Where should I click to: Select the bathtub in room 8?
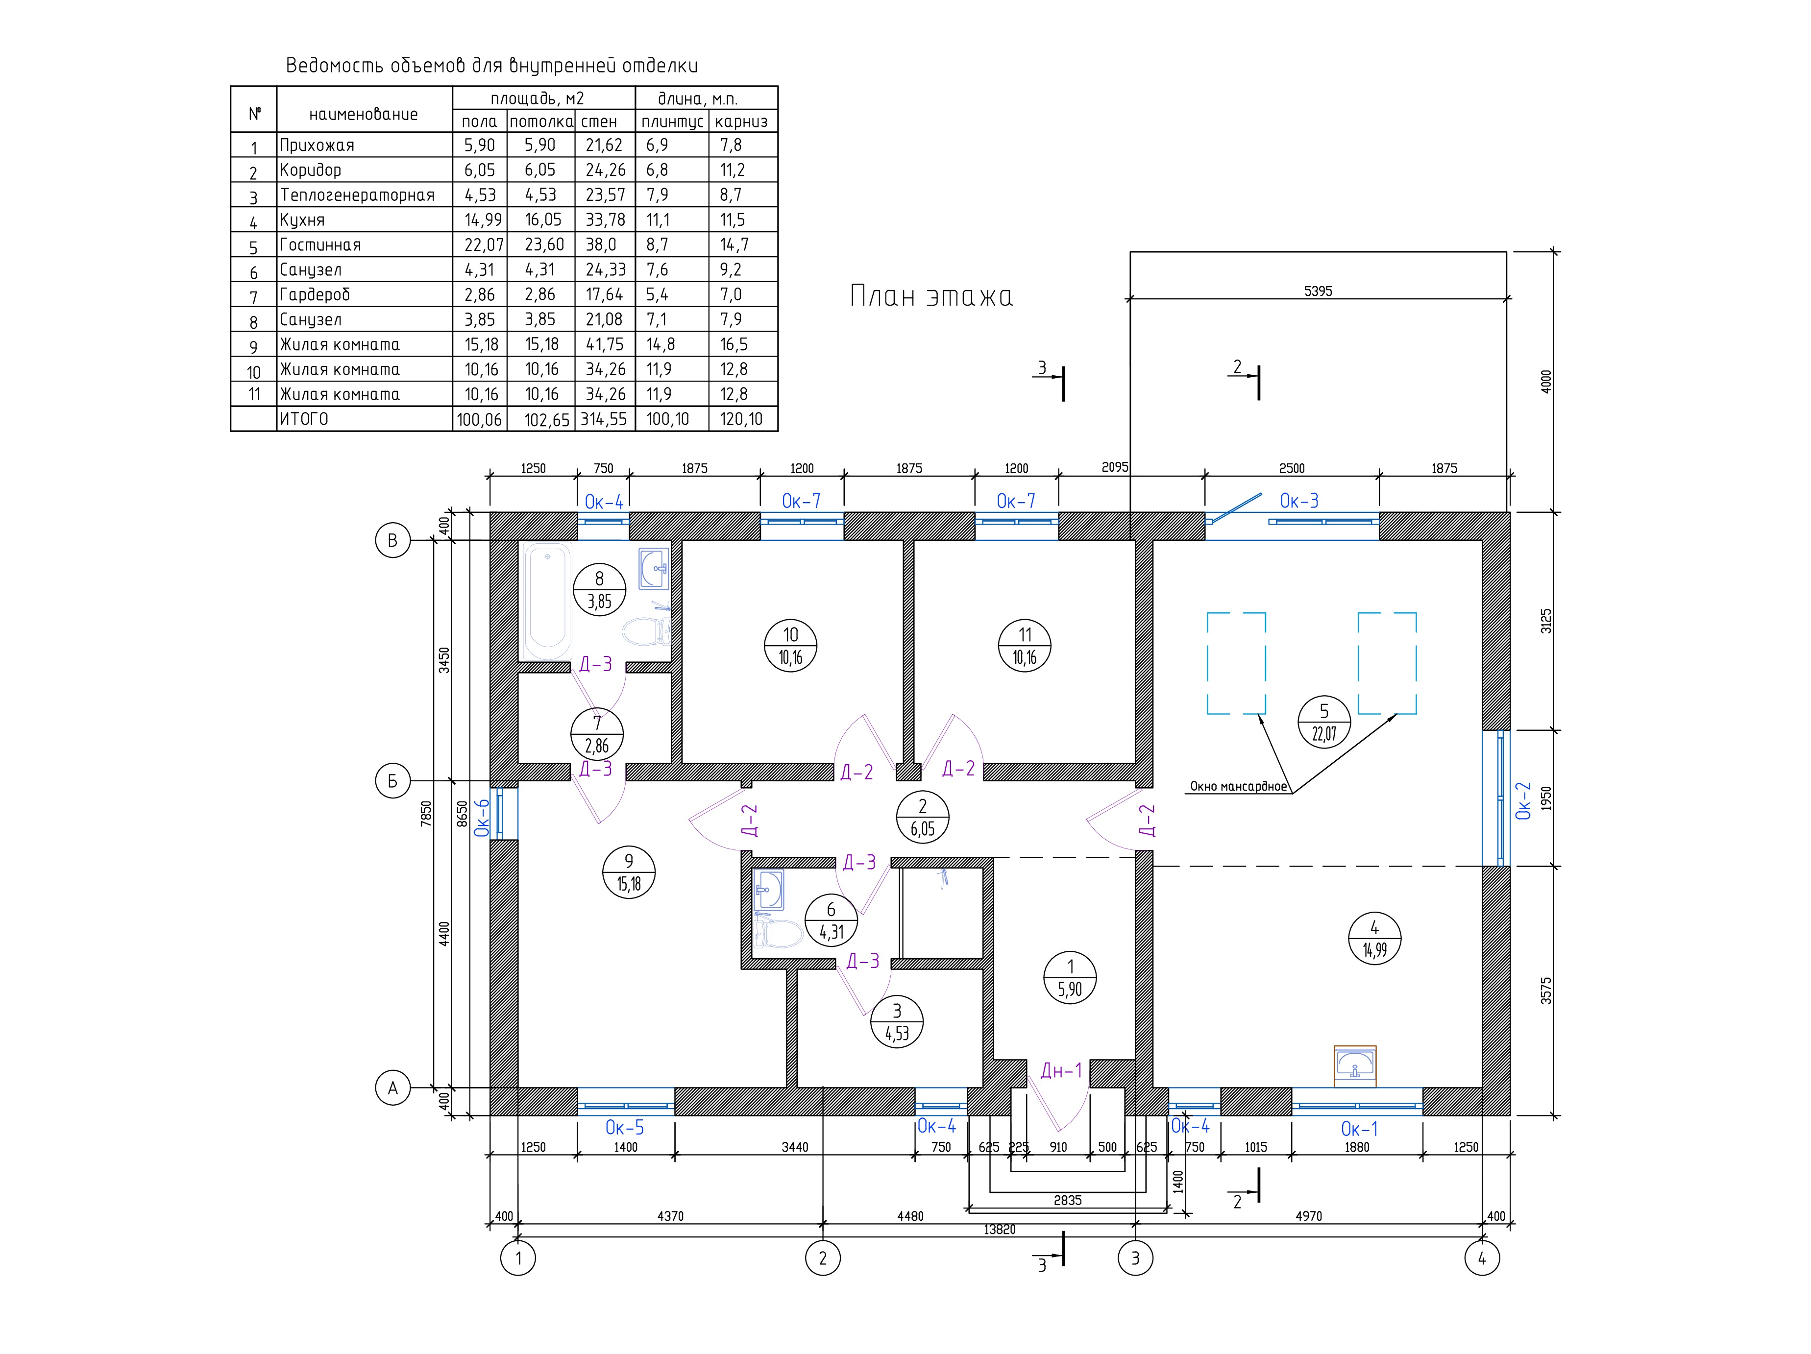(548, 601)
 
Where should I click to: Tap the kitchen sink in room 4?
(1355, 1066)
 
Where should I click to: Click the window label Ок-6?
(482, 817)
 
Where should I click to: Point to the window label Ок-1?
(1359, 1129)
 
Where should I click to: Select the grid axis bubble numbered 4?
(1482, 1258)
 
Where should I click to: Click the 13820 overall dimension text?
(1000, 1230)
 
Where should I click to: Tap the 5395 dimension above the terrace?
(1318, 290)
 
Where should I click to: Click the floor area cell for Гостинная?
(480, 245)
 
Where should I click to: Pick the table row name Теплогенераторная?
(357, 195)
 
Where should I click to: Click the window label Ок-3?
(1299, 501)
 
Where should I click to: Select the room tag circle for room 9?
(629, 872)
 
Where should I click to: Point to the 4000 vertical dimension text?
(1546, 382)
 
